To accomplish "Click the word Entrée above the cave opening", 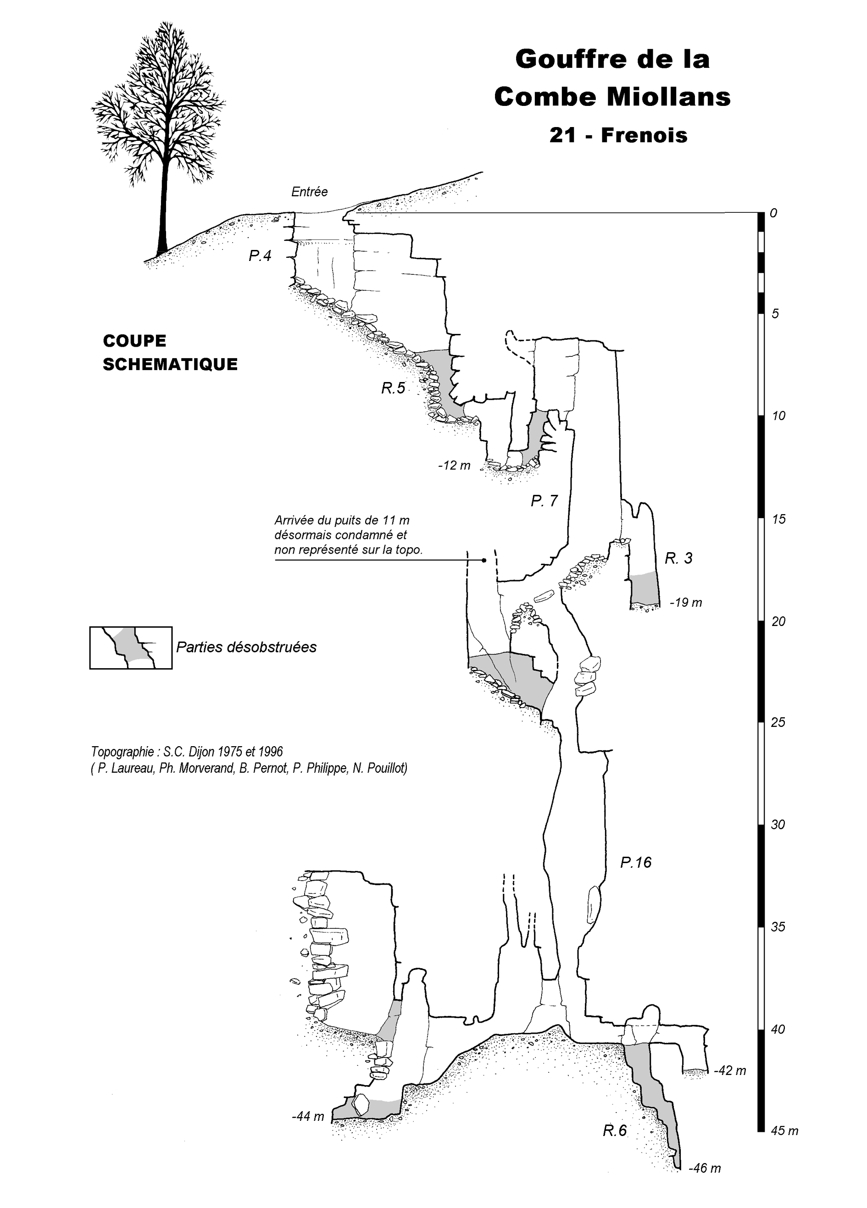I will pyautogui.click(x=309, y=192).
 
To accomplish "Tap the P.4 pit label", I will pyautogui.click(x=260, y=256).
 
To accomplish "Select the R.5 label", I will pyautogui.click(x=393, y=388).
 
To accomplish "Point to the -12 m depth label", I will pyautogui.click(x=455, y=465).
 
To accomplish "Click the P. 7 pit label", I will pyautogui.click(x=544, y=501).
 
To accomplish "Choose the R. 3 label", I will pyautogui.click(x=678, y=558).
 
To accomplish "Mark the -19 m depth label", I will pyautogui.click(x=686, y=603).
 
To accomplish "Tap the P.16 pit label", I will pyautogui.click(x=636, y=862).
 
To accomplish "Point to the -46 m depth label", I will pyautogui.click(x=705, y=1169).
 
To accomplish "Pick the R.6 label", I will pyautogui.click(x=615, y=1145).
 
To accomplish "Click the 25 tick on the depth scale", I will pyautogui.click(x=778, y=723).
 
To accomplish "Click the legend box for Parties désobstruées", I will pyautogui.click(x=131, y=648).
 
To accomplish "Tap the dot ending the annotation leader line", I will pyautogui.click(x=484, y=560).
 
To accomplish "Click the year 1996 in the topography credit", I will pyautogui.click(x=270, y=752).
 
